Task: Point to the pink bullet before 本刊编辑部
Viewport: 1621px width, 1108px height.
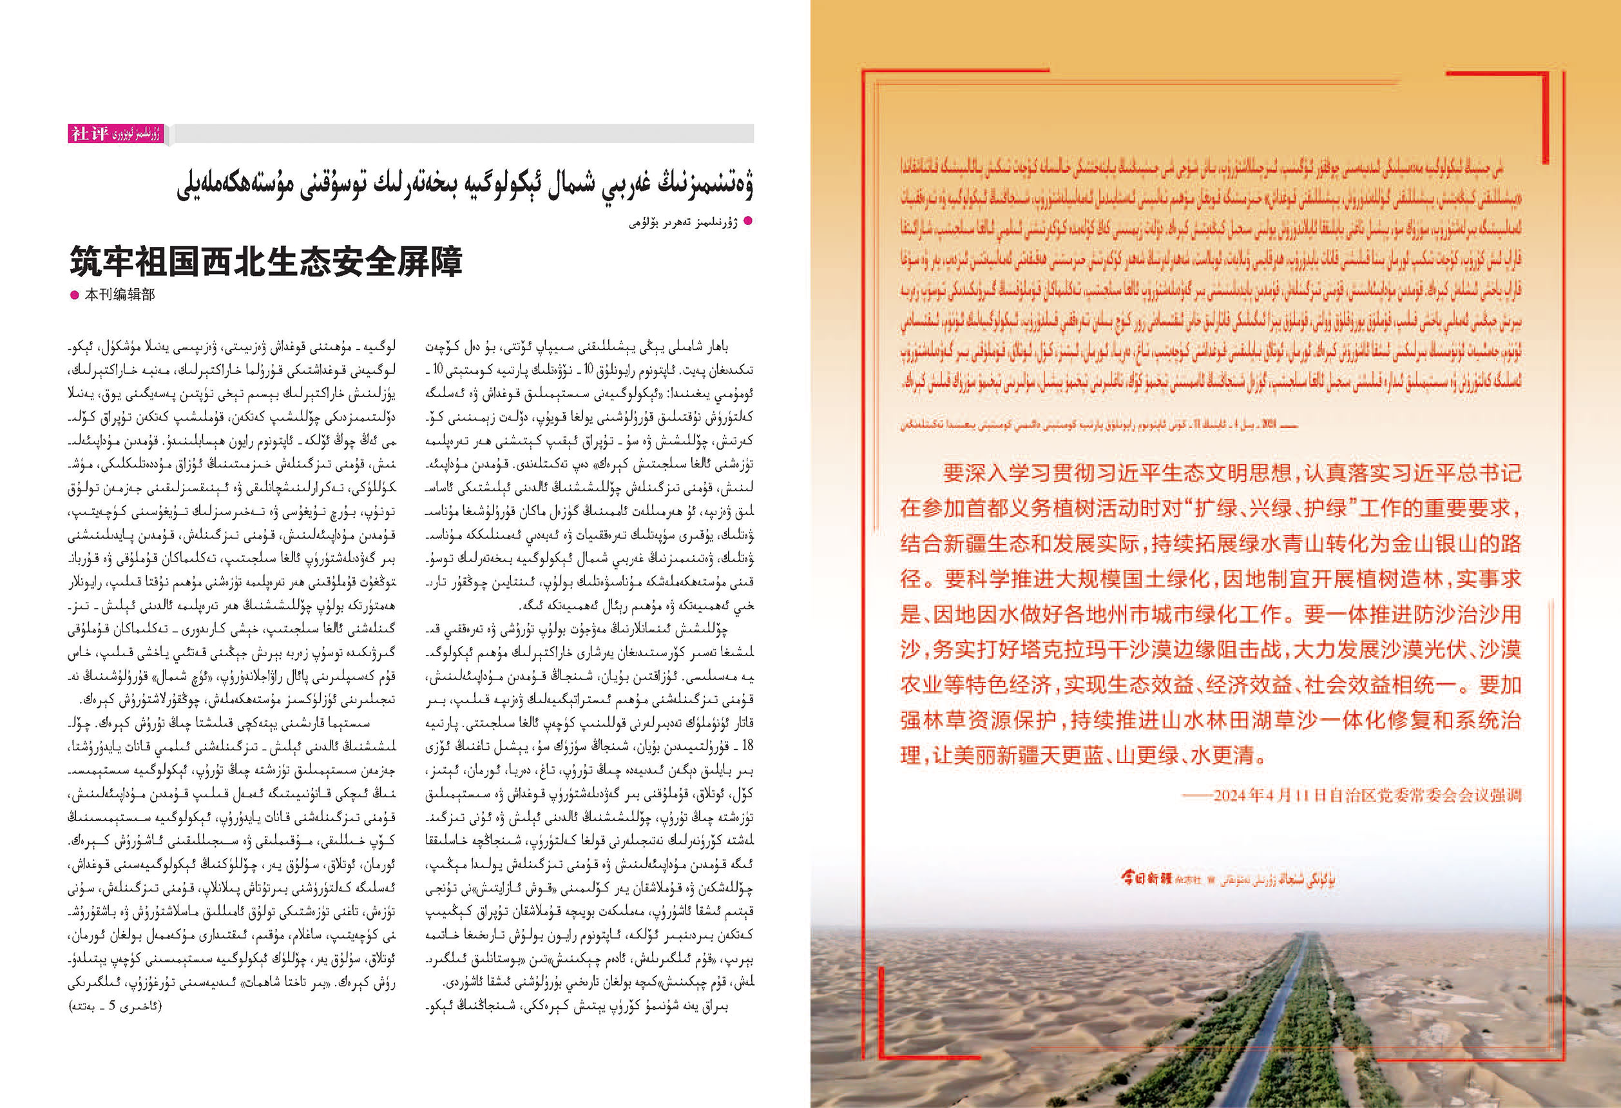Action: pyautogui.click(x=75, y=295)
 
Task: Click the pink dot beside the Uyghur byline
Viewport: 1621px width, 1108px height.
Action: pyautogui.click(x=749, y=221)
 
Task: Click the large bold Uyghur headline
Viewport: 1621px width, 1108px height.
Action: pyautogui.click(x=465, y=185)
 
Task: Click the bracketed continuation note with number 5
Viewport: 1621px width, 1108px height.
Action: pyautogui.click(x=115, y=1006)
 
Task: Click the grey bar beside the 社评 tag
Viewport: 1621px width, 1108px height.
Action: pyautogui.click(x=461, y=133)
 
